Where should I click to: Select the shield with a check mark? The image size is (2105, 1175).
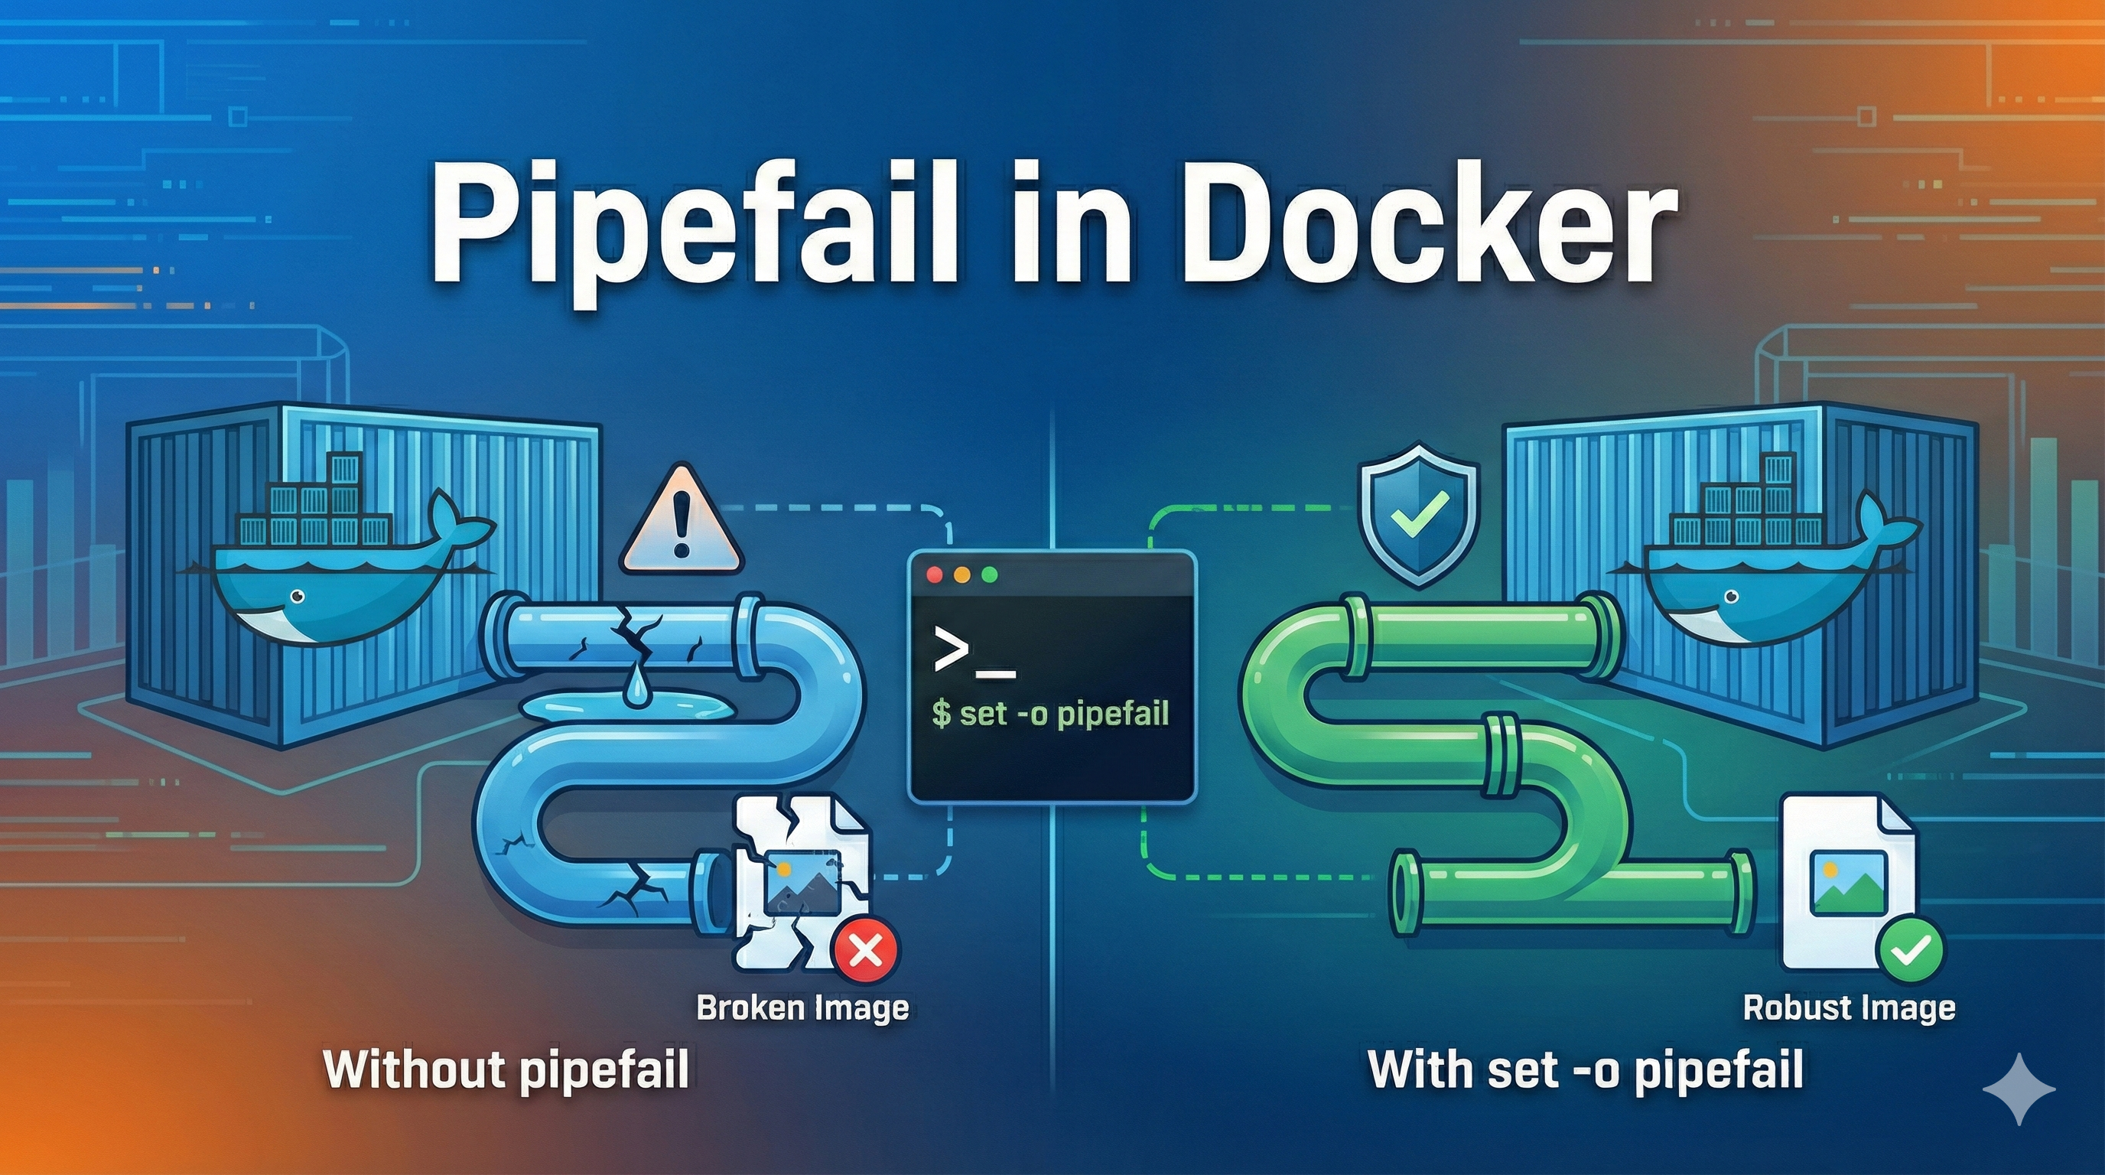click(x=1419, y=515)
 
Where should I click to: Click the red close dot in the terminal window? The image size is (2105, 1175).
click(x=935, y=575)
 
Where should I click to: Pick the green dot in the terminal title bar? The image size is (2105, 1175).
click(x=990, y=575)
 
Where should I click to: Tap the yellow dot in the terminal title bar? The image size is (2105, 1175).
click(x=961, y=575)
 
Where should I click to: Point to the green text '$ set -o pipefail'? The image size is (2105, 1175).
click(x=1051, y=713)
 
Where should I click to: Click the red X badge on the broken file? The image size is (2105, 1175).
click(x=864, y=950)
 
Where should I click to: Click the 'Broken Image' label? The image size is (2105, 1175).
click(x=802, y=1007)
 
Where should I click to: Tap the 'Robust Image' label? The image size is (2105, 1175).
click(x=1849, y=1007)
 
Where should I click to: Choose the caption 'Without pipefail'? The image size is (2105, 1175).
click(x=506, y=1069)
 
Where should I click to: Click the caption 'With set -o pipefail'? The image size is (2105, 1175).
click(x=1586, y=1069)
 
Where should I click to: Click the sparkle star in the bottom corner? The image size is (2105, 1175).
click(x=2019, y=1089)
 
